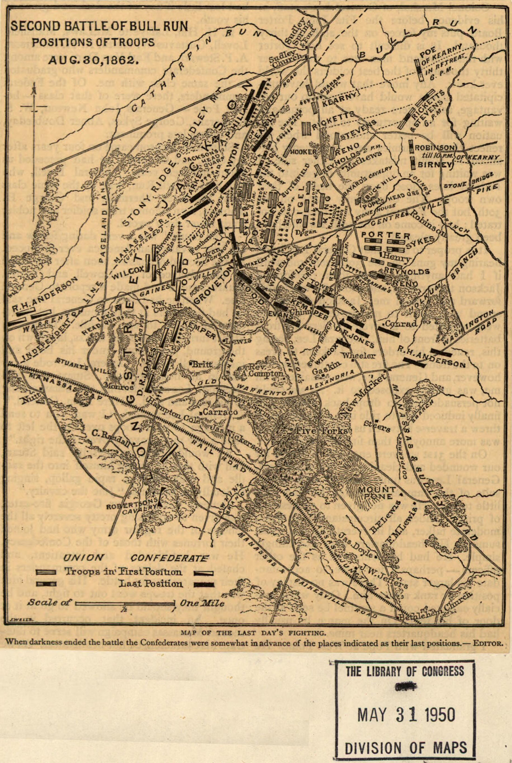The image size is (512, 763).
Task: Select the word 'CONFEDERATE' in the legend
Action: point(169,558)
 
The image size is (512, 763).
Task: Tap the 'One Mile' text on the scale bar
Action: point(202,603)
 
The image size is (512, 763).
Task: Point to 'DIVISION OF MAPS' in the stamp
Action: point(405,748)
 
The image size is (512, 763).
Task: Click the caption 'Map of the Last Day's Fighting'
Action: point(253,633)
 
